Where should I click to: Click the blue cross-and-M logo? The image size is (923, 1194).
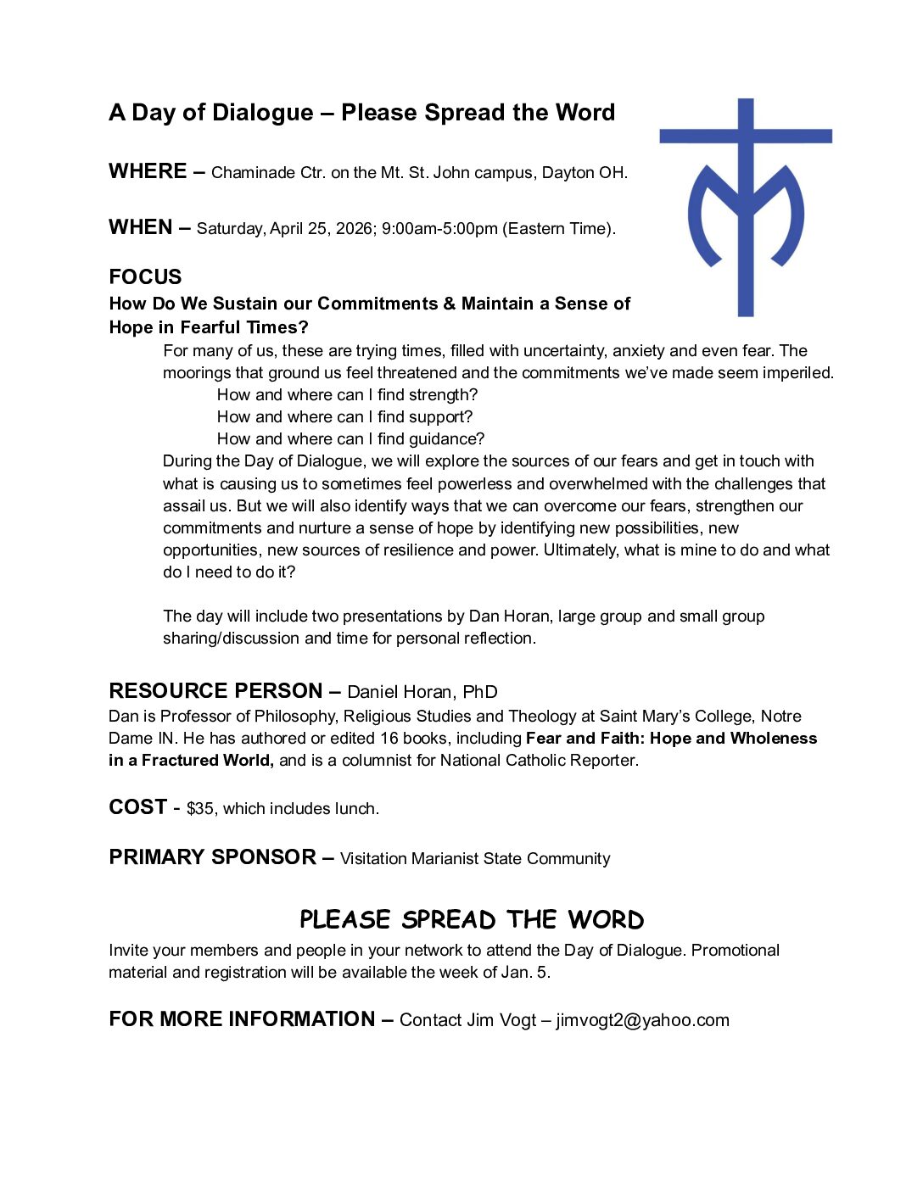click(746, 207)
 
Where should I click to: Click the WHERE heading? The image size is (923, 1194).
click(148, 171)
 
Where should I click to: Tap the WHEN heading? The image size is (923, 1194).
click(141, 227)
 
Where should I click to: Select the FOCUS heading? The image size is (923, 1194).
click(145, 277)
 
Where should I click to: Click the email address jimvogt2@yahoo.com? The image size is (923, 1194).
click(642, 1020)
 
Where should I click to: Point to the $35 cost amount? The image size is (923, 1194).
click(200, 809)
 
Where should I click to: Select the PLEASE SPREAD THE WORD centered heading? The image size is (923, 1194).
click(472, 920)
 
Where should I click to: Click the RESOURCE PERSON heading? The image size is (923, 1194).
click(215, 691)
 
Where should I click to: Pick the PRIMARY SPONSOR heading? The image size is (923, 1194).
click(212, 857)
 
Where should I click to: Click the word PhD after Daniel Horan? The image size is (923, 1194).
click(480, 692)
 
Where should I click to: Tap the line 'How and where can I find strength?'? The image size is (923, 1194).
click(347, 395)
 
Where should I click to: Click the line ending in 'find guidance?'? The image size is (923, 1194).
click(350, 439)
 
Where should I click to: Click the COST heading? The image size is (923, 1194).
click(137, 807)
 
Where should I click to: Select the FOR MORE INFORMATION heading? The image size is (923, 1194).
click(242, 1019)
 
